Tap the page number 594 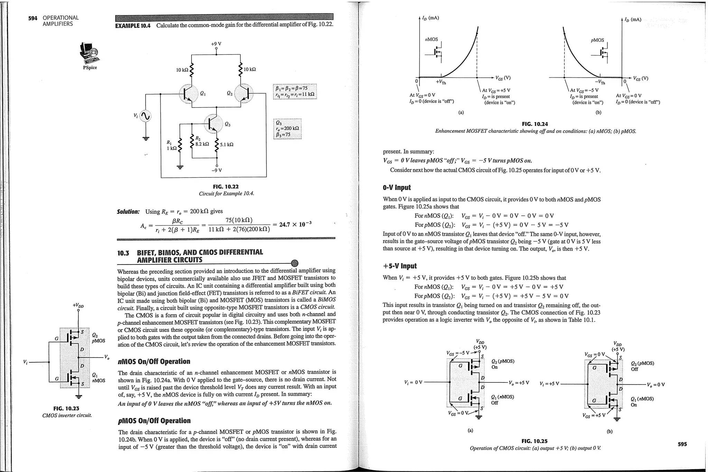click(x=32, y=18)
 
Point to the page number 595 click(x=682, y=444)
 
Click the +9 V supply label click(x=216, y=44)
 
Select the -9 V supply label click(x=217, y=170)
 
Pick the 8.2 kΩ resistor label click(x=202, y=144)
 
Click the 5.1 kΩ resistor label click(x=226, y=144)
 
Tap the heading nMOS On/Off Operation click(x=154, y=362)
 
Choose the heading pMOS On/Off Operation click(x=154, y=421)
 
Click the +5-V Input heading click(x=400, y=266)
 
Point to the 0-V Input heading click(x=397, y=188)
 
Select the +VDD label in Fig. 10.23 click(x=78, y=306)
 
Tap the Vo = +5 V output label click(x=519, y=383)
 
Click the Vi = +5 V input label click(x=549, y=384)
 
